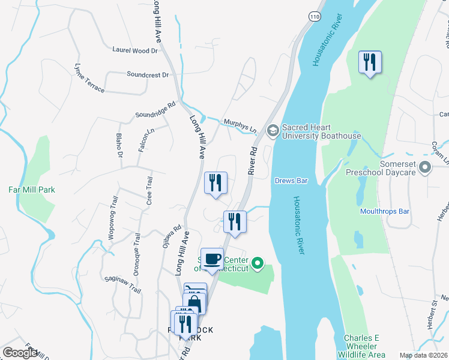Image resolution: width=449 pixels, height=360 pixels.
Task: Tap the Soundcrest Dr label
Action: click(x=148, y=75)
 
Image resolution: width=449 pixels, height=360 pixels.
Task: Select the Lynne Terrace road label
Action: click(x=89, y=77)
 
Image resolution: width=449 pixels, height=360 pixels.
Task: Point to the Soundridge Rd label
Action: click(x=155, y=109)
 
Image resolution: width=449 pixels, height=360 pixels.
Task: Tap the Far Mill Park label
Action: click(x=32, y=190)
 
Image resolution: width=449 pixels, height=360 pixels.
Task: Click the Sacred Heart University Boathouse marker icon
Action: click(x=273, y=130)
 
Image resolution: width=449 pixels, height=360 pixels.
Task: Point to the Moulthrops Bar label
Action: click(x=384, y=211)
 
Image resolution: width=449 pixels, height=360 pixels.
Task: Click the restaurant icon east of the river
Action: click(x=370, y=62)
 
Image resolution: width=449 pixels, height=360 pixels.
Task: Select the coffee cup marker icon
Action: click(x=212, y=259)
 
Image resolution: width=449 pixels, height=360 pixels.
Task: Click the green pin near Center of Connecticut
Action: click(x=258, y=263)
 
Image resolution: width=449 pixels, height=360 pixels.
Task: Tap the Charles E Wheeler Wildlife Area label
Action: click(x=361, y=347)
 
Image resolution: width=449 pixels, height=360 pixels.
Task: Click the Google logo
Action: click(x=20, y=353)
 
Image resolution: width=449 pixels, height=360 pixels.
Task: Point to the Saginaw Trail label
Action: click(x=122, y=285)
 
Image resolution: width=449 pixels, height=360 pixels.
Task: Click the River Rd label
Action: click(x=253, y=160)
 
